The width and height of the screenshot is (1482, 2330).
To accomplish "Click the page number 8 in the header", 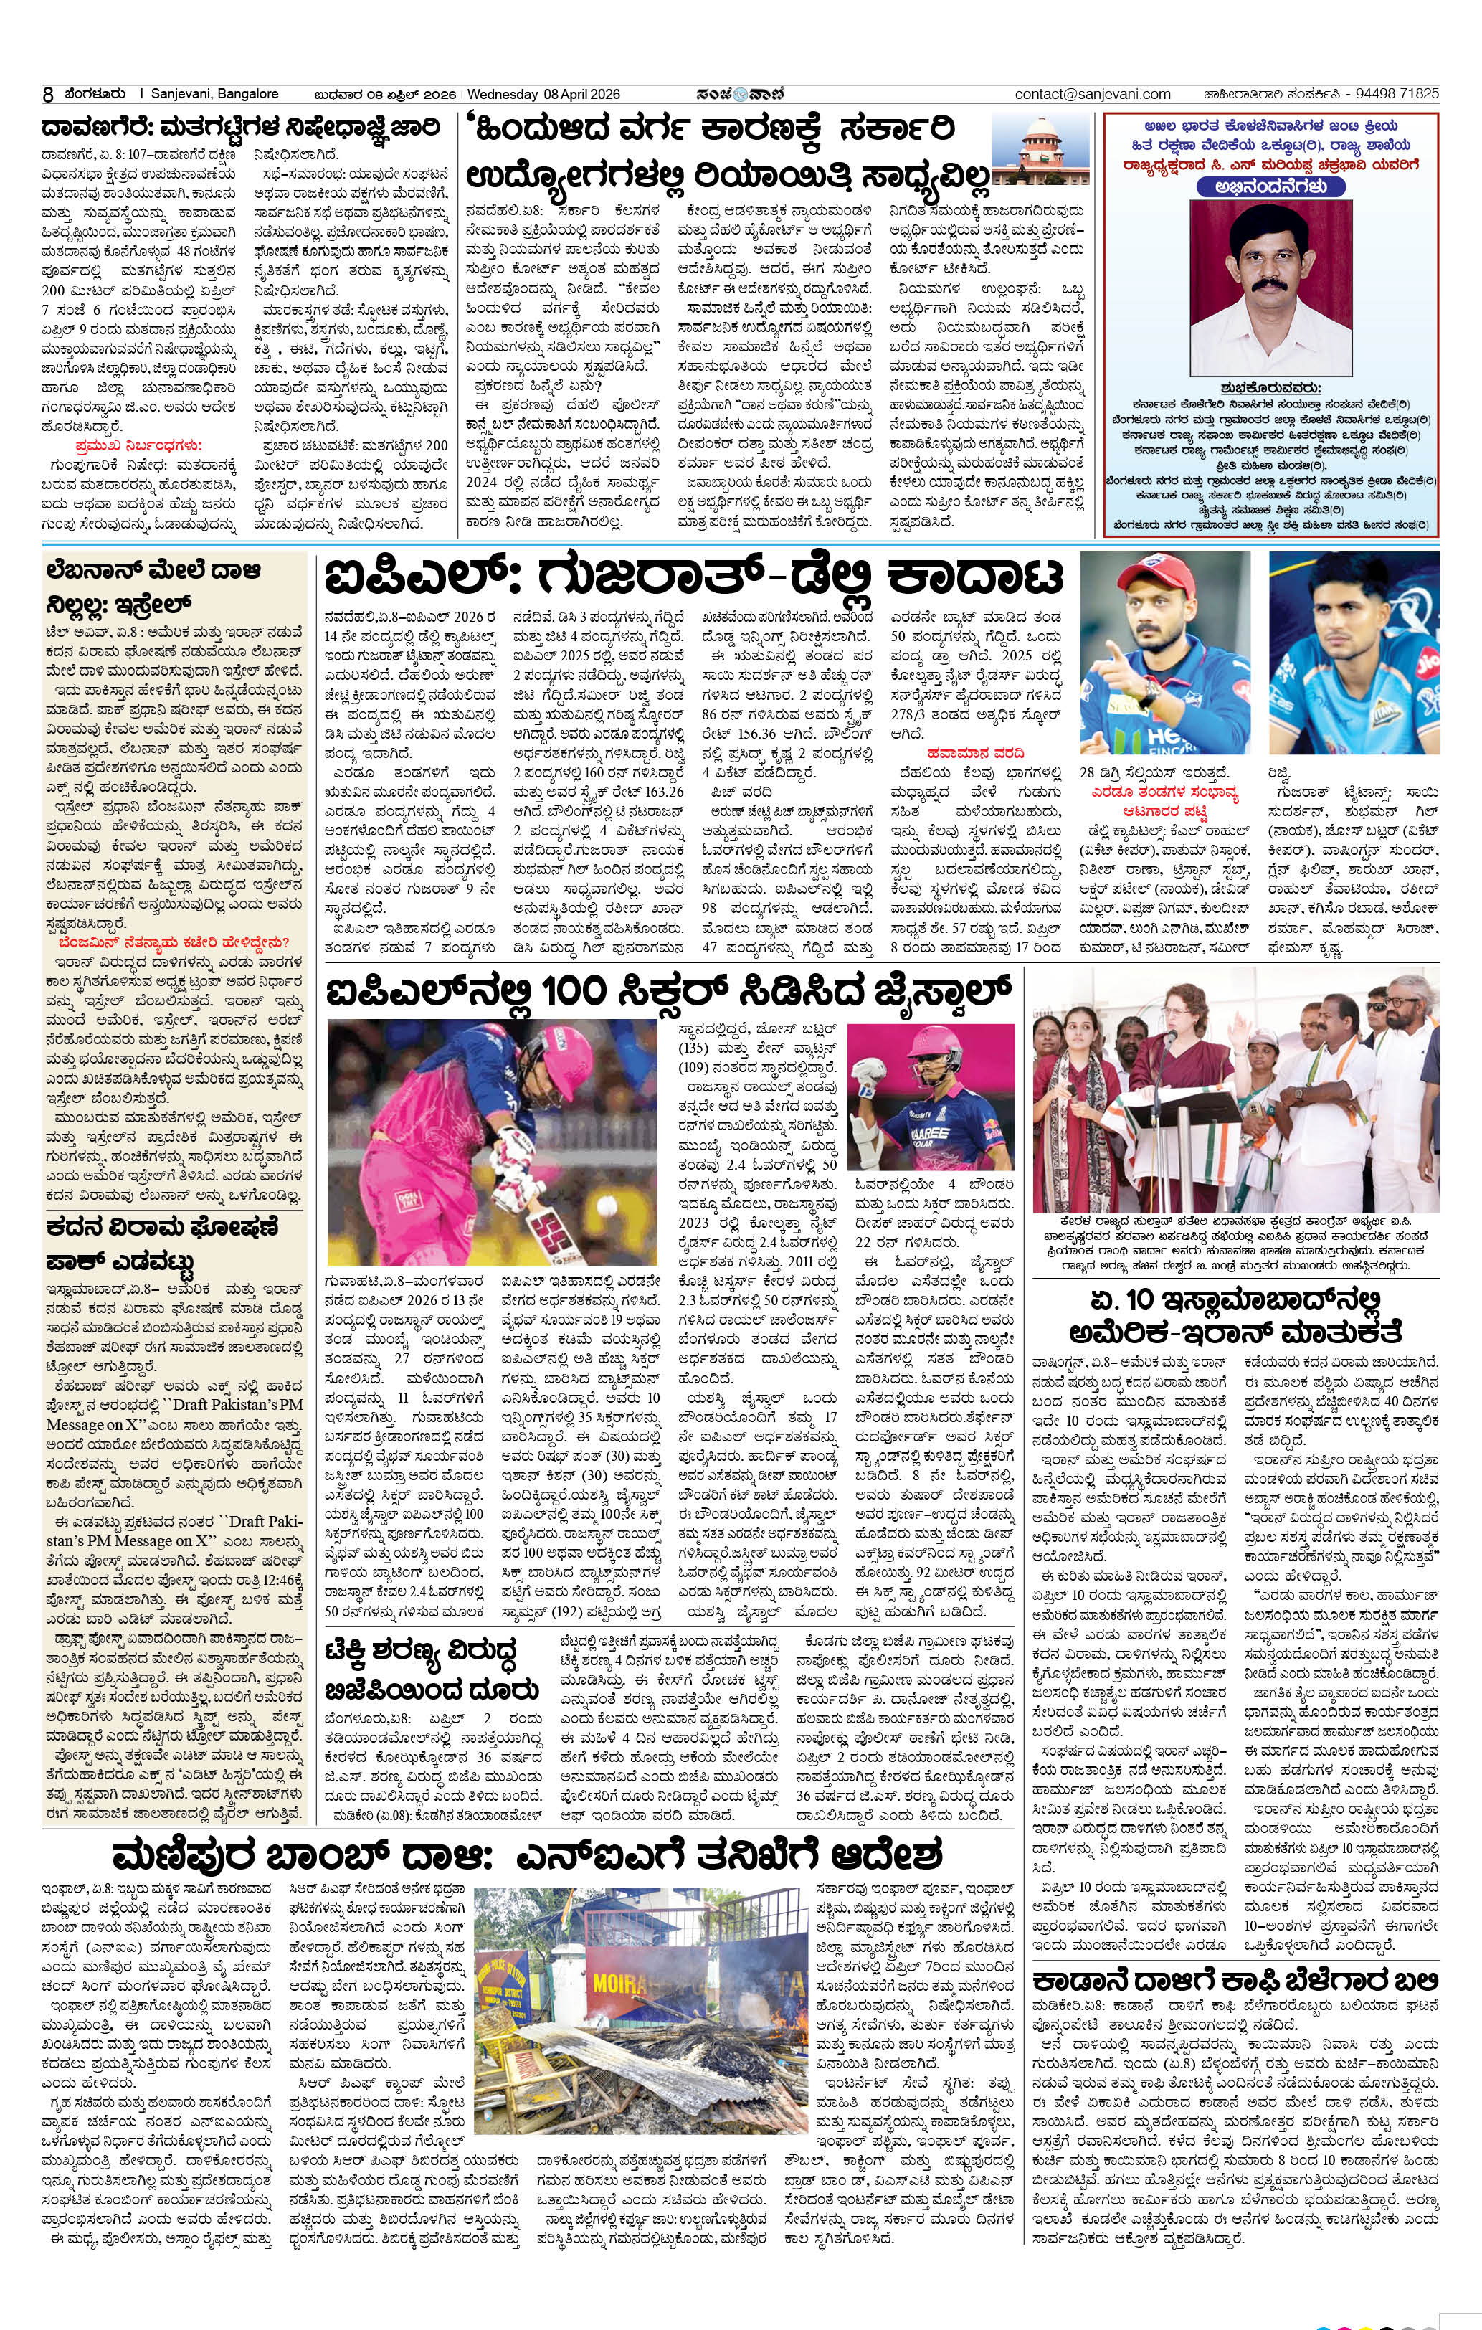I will pos(47,94).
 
